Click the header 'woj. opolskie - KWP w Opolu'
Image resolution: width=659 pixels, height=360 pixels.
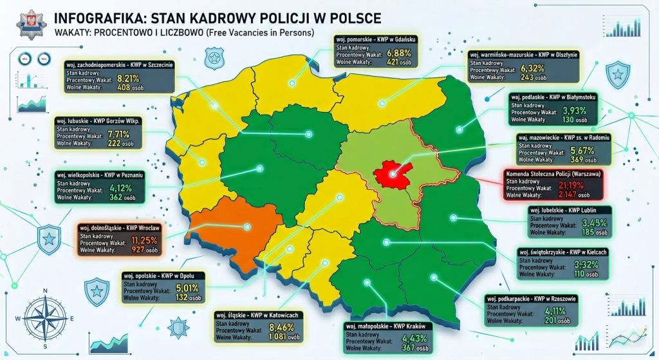click(163, 276)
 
